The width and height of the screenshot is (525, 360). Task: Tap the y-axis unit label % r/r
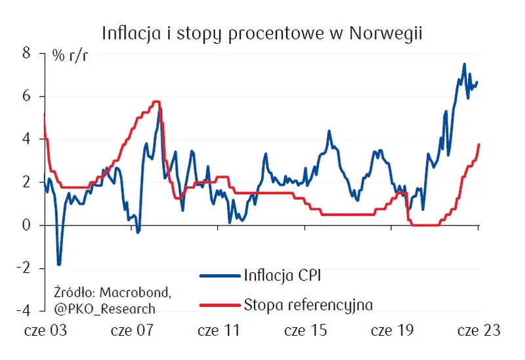[70, 54]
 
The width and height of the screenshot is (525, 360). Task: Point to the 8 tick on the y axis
[27, 54]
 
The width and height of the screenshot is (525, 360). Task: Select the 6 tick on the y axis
[27, 96]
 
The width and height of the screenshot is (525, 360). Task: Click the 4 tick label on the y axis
[27, 139]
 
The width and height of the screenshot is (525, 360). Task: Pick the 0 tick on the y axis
[27, 225]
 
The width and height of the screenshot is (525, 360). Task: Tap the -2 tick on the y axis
[24, 268]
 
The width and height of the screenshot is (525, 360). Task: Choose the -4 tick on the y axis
[24, 310]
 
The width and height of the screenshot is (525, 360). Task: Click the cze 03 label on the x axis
[45, 331]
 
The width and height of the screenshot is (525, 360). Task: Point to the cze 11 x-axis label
[219, 331]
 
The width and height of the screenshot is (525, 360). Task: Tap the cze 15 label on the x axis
[305, 331]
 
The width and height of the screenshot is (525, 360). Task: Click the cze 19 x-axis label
[392, 331]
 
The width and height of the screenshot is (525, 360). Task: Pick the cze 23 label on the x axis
[478, 331]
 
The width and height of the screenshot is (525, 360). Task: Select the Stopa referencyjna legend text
[308, 304]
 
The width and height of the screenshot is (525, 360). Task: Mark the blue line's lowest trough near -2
[59, 264]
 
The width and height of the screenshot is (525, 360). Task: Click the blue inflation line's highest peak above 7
[464, 64]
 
